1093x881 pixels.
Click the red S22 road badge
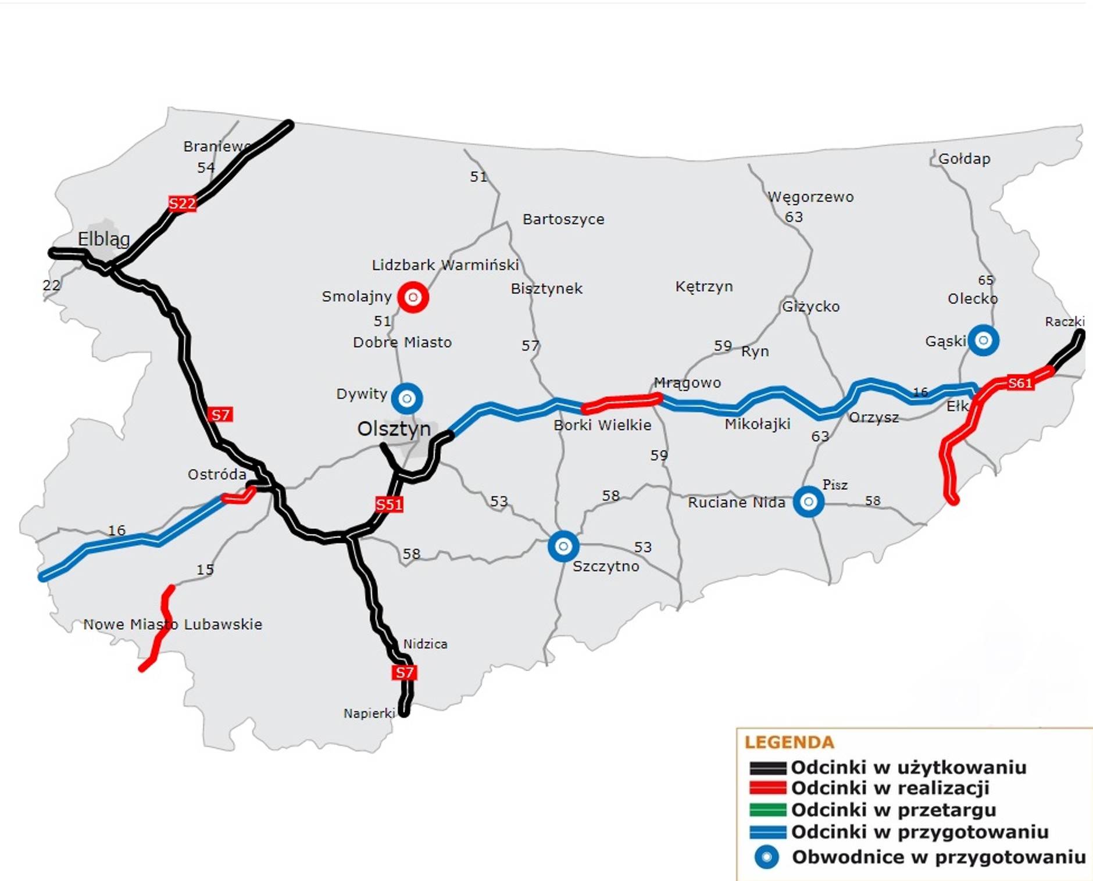pyautogui.click(x=182, y=203)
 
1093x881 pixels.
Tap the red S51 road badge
pyautogui.click(x=389, y=504)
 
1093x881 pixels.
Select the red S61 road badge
pyautogui.click(x=1020, y=383)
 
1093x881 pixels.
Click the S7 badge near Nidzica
pyautogui.click(x=404, y=672)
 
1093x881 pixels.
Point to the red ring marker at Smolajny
pyautogui.click(x=413, y=297)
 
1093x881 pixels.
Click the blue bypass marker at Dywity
pyautogui.click(x=407, y=398)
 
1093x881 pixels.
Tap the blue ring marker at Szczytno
pyautogui.click(x=563, y=546)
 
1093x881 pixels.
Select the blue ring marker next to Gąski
pyautogui.click(x=983, y=340)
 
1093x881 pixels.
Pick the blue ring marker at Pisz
pyautogui.click(x=808, y=501)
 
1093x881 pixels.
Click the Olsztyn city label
pyautogui.click(x=394, y=429)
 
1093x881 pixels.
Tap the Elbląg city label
pyautogui.click(x=103, y=238)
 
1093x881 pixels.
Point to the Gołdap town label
pyautogui.click(x=964, y=159)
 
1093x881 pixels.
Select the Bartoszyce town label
pyautogui.click(x=563, y=219)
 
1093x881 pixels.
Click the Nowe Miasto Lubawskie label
pyautogui.click(x=173, y=624)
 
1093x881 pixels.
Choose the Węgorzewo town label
pyautogui.click(x=810, y=197)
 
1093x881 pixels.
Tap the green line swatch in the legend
pyautogui.click(x=767, y=810)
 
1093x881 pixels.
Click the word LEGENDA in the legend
pyautogui.click(x=789, y=742)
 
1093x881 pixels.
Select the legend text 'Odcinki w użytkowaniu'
pyautogui.click(x=908, y=767)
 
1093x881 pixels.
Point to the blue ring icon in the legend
pyautogui.click(x=766, y=857)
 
